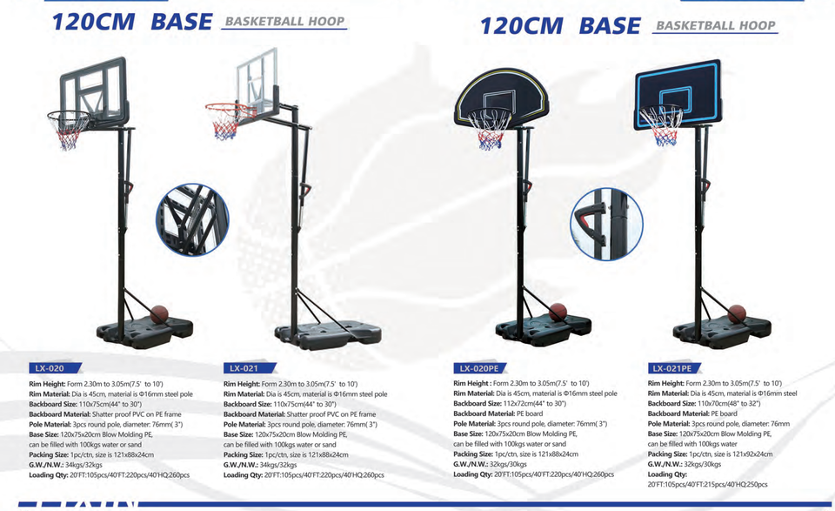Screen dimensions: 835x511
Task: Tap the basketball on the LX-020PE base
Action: click(x=557, y=313)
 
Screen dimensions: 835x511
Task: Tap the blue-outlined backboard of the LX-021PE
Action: click(x=678, y=92)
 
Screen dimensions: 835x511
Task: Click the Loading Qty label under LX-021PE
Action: click(x=667, y=474)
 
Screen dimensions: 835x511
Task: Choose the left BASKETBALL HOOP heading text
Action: click(x=284, y=22)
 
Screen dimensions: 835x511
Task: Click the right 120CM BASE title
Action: click(x=560, y=25)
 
